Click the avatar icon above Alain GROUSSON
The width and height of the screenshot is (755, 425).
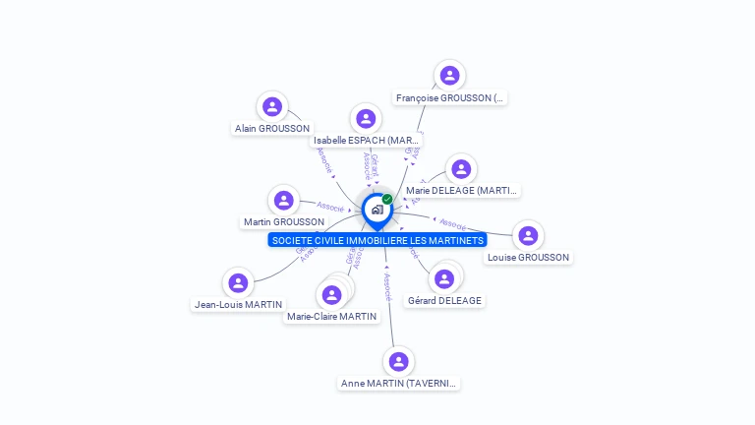[272, 106]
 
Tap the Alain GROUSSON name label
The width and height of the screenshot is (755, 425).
[272, 128]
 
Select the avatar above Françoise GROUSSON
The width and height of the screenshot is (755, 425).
[449, 76]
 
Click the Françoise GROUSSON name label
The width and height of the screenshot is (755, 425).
[450, 97]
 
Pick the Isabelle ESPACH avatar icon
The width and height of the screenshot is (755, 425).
[366, 119]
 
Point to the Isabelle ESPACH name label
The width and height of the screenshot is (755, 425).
[367, 141]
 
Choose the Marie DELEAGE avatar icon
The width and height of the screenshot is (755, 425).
[460, 169]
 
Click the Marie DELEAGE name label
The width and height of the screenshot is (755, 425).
[461, 190]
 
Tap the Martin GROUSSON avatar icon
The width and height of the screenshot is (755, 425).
[284, 201]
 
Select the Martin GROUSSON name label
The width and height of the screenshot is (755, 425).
[284, 222]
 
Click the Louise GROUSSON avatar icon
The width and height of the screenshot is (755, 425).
[528, 236]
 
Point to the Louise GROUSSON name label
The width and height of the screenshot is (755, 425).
[528, 258]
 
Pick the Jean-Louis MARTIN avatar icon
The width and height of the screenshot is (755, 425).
[238, 283]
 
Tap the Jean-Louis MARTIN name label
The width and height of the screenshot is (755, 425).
[238, 305]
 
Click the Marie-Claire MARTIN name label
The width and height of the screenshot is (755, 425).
[331, 316]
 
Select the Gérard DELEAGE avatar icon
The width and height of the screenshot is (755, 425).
[444, 279]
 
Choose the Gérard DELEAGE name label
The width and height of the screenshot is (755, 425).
[445, 300]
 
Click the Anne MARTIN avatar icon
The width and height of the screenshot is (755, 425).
[398, 362]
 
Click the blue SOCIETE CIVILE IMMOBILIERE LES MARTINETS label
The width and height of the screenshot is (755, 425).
[377, 240]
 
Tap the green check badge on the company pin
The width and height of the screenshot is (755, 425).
[387, 199]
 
